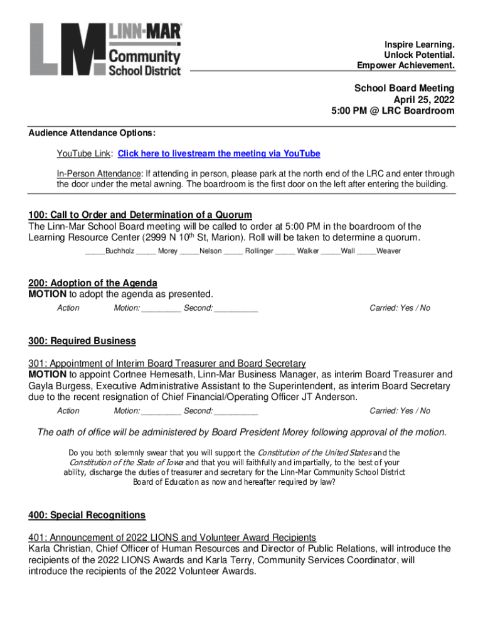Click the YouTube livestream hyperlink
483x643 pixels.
(219, 154)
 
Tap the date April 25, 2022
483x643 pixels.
(423, 99)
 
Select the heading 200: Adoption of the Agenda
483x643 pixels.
(93, 283)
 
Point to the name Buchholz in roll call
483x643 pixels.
(119, 251)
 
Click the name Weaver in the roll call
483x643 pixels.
(388, 251)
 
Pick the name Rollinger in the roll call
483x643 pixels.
(259, 251)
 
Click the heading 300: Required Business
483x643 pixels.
(82, 341)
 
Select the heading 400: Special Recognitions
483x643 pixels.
(87, 516)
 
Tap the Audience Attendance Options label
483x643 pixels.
(92, 134)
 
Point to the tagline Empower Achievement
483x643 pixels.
(406, 65)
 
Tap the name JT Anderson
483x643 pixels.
(325, 397)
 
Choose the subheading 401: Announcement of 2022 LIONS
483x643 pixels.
(172, 538)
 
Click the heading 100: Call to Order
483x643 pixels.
(140, 215)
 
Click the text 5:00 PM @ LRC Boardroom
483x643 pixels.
(393, 111)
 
